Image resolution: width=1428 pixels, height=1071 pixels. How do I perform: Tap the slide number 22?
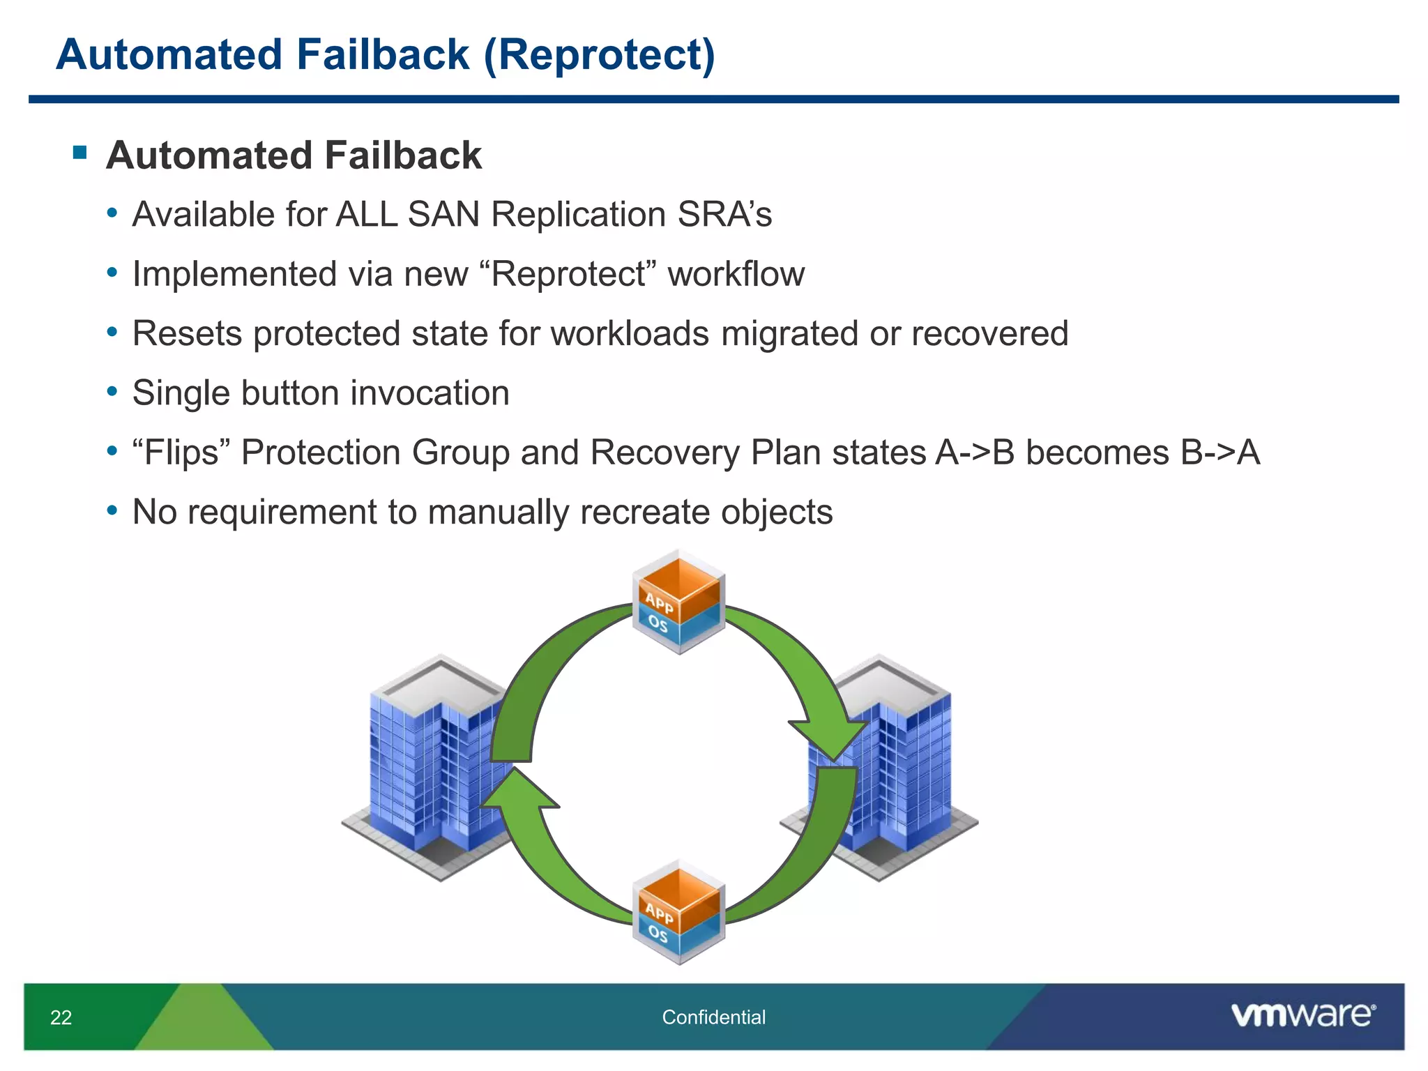point(61,1017)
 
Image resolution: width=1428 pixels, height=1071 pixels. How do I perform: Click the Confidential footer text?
point(713,1017)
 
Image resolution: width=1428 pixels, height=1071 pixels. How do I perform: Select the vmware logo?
point(1302,1015)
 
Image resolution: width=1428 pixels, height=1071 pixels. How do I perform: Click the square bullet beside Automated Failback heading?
point(79,152)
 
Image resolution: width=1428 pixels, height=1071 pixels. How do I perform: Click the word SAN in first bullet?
point(443,214)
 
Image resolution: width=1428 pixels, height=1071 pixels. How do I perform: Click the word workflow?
point(736,274)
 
